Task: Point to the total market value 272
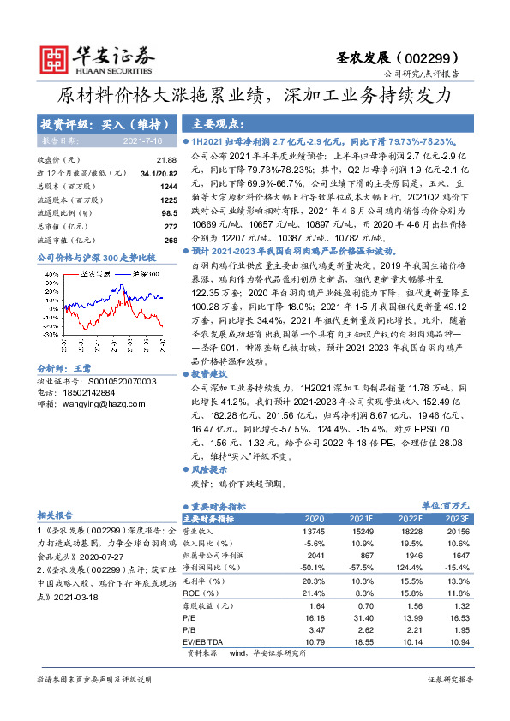click(170, 227)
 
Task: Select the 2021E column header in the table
click(363, 519)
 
